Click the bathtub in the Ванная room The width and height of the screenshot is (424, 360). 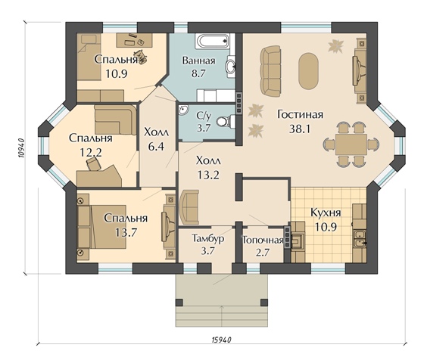tap(213, 42)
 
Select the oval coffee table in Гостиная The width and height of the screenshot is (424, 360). tap(308, 70)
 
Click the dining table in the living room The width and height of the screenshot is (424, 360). tap(351, 144)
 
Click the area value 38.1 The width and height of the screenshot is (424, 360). tap(300, 129)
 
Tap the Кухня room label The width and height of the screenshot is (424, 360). tap(326, 213)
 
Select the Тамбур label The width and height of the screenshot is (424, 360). tap(208, 238)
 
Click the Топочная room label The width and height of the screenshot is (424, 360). tap(263, 240)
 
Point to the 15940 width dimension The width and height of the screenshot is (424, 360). tap(221, 340)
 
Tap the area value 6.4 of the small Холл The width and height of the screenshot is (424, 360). tap(156, 147)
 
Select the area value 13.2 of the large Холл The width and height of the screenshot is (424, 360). tap(208, 175)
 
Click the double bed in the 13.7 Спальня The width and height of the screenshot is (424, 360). tap(102, 227)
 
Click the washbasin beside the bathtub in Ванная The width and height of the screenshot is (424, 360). tap(231, 65)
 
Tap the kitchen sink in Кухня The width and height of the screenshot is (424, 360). tap(360, 239)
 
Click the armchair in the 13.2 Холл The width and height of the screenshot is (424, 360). tap(189, 207)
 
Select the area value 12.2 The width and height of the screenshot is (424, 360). tap(91, 153)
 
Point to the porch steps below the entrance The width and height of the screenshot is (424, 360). tap(222, 316)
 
